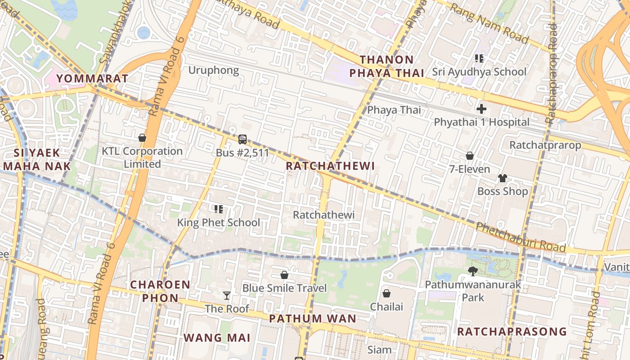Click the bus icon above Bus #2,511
242,139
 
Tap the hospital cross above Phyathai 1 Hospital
481,108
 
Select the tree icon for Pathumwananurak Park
472,271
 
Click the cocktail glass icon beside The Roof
227,295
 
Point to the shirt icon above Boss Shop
503,178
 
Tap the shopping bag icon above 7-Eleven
470,156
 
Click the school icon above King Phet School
219,209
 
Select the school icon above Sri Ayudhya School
479,58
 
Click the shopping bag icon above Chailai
386,293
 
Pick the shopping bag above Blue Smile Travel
284,274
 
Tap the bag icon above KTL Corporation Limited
142,138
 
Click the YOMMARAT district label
93,78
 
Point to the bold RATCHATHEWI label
330,166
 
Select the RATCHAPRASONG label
512,332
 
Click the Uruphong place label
213,70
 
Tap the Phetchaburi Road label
521,237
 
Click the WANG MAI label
216,337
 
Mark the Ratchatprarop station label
545,145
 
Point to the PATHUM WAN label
313,319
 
